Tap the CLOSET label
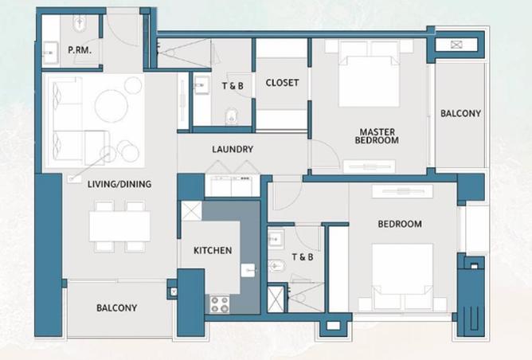tap(282, 83)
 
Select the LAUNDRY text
tap(233, 149)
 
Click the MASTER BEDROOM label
tap(378, 136)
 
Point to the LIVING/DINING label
tap(119, 184)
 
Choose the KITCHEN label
tap(213, 250)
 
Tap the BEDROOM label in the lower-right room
tap(400, 225)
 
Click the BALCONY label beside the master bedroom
tap(460, 114)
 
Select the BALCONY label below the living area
tap(116, 308)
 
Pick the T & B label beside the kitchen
tap(303, 256)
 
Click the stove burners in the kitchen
tap(219, 303)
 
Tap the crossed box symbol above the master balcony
tap(455, 45)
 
